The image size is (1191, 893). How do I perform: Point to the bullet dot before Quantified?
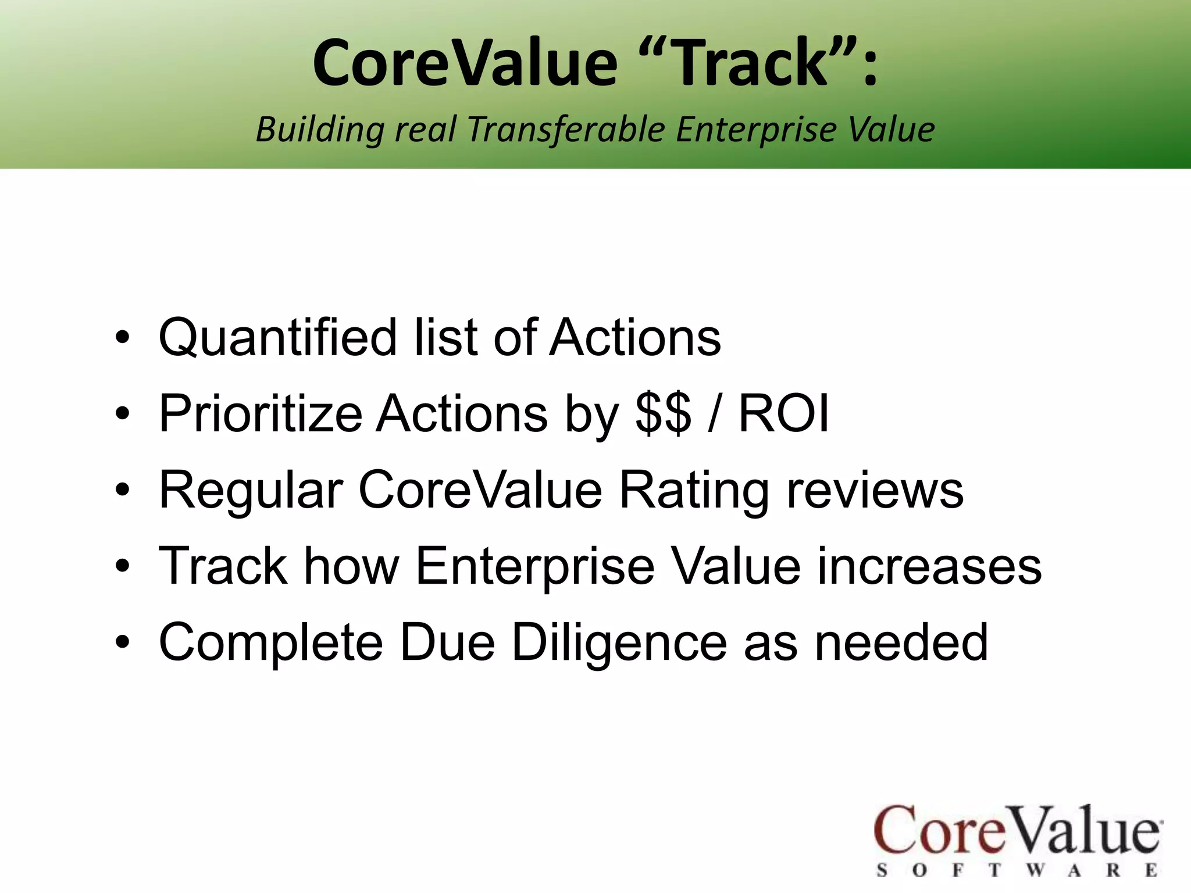coord(122,338)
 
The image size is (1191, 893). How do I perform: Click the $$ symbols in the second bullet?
coord(664,413)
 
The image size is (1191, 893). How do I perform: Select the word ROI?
coord(783,413)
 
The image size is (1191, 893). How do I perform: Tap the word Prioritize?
coord(261,413)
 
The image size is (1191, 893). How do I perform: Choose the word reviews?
coord(875,490)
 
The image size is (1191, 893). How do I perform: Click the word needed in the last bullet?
coord(901,642)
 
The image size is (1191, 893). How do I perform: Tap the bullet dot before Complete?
coord(122,642)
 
